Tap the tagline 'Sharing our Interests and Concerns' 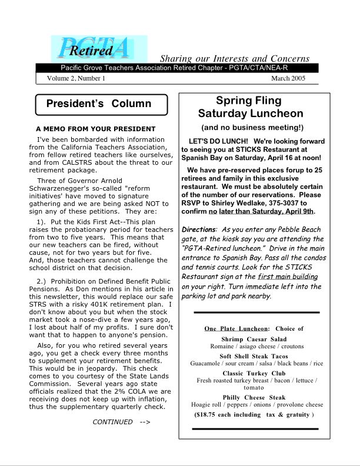[235, 58]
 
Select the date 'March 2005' [288, 78]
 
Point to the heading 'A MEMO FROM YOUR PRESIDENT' [95, 129]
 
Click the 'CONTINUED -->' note [121, 421]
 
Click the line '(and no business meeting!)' [252, 127]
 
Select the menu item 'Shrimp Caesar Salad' [254, 339]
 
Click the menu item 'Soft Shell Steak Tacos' [254, 357]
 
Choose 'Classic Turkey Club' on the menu [254, 373]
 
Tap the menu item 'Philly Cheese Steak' [254, 398]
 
